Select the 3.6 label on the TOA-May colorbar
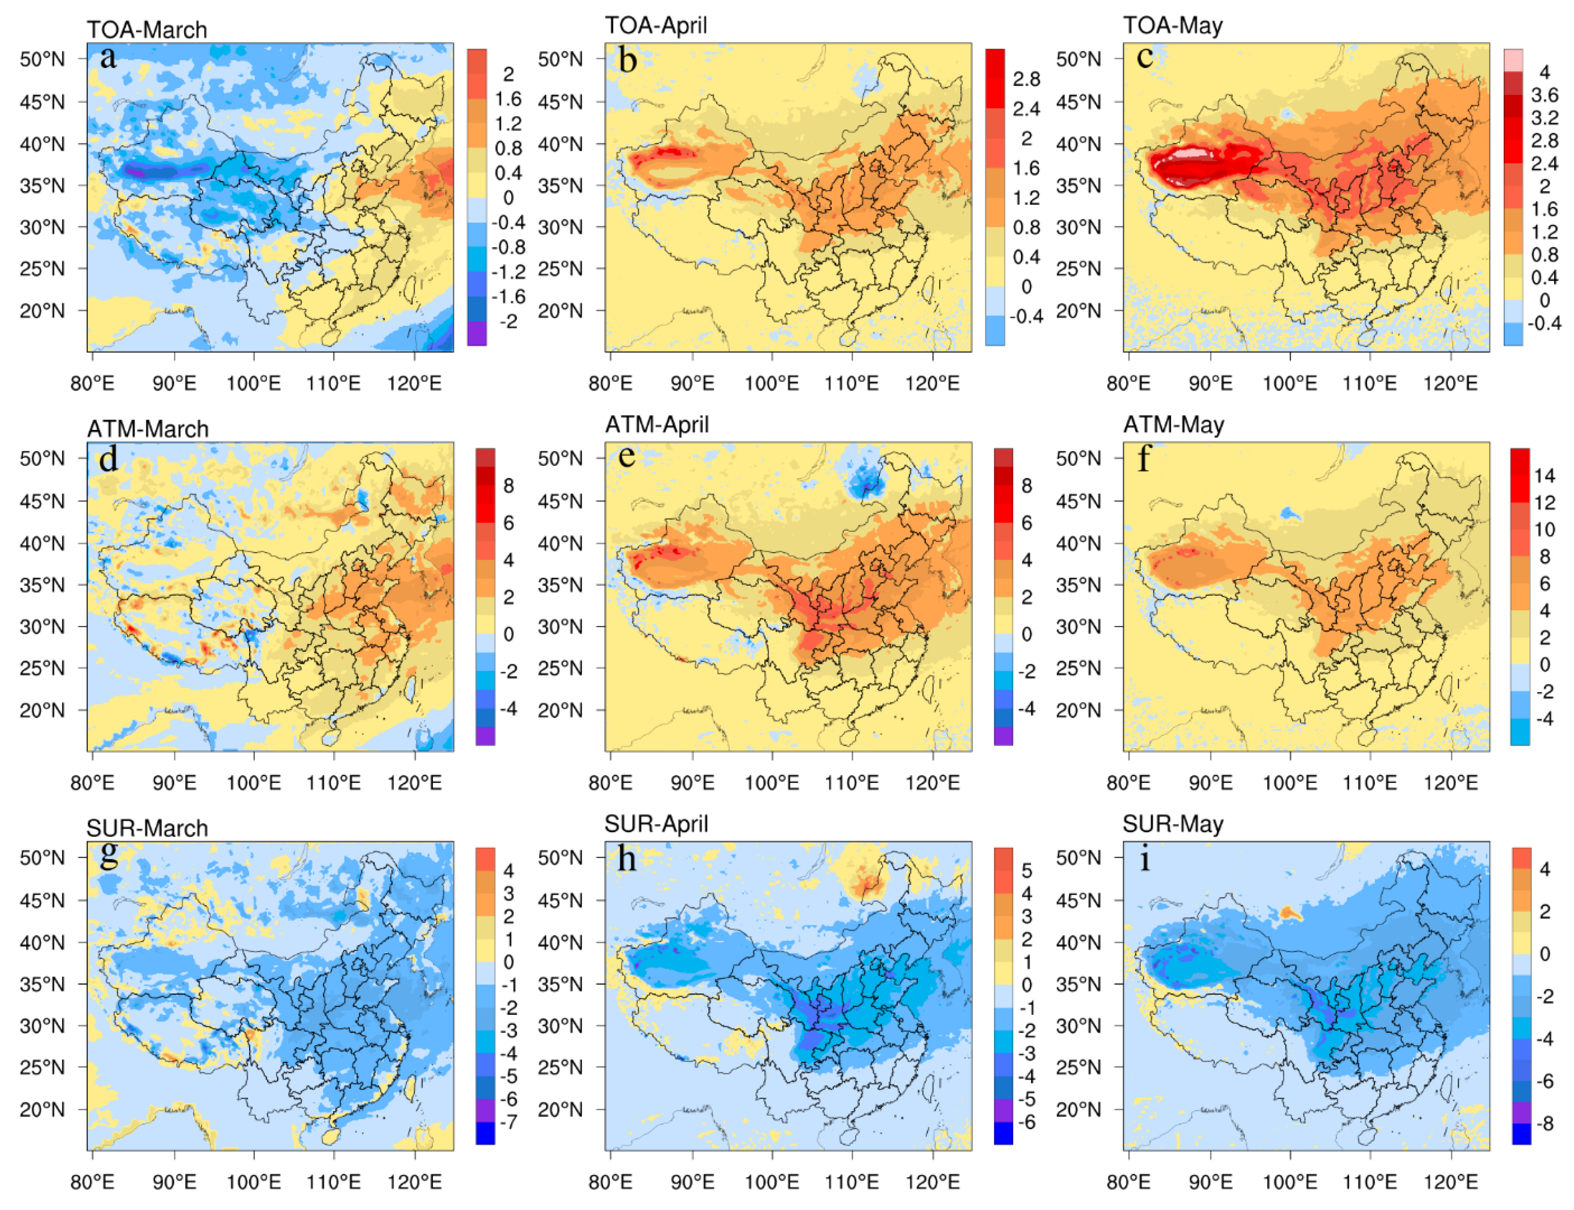tap(1544, 95)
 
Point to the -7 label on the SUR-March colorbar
tap(508, 1122)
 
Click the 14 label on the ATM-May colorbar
tap(1544, 475)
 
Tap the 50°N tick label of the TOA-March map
tap(42, 59)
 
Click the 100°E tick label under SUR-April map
tap(771, 1181)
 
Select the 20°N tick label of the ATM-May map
tap(1078, 710)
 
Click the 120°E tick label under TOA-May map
tap(1449, 383)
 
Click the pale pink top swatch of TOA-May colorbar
tap(1513, 60)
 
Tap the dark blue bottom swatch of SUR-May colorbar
tap(1521, 1133)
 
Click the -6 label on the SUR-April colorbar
tap(1026, 1122)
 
